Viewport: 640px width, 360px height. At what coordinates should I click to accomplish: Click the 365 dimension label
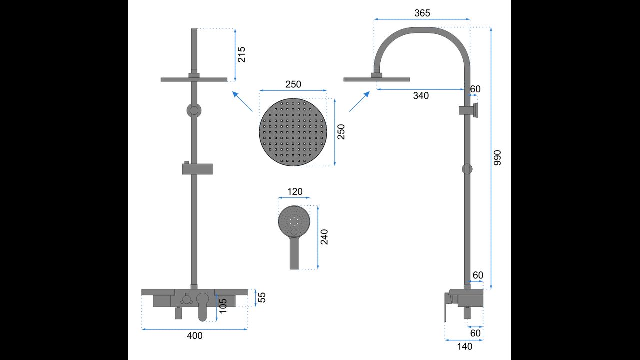click(x=422, y=13)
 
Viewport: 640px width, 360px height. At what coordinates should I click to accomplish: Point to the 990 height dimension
click(x=497, y=157)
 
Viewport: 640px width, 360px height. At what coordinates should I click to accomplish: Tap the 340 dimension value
click(x=421, y=96)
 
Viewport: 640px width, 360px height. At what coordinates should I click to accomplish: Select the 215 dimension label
click(x=241, y=55)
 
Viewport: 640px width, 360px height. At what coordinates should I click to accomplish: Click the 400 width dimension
click(x=195, y=336)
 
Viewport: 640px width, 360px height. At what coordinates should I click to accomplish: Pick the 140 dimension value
click(x=465, y=347)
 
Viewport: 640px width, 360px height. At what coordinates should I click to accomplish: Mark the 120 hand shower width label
click(x=295, y=191)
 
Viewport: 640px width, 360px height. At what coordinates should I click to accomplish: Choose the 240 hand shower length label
click(x=324, y=237)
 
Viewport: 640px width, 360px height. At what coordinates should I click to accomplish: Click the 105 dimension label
click(x=223, y=305)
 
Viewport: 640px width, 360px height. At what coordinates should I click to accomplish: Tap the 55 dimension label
click(x=262, y=297)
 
